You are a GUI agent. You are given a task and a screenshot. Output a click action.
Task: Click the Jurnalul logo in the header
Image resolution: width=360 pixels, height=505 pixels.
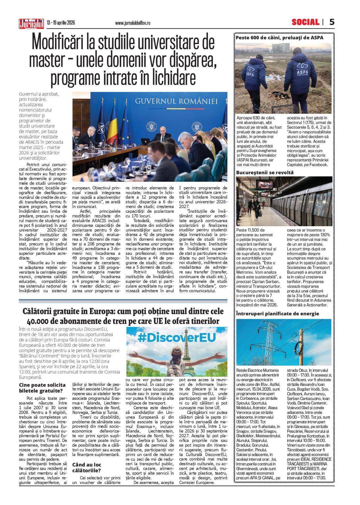(31, 23)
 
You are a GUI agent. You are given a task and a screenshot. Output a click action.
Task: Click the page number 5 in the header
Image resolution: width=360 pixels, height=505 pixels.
(332, 22)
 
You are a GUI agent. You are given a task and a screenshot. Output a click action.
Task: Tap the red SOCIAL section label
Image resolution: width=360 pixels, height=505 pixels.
(305, 22)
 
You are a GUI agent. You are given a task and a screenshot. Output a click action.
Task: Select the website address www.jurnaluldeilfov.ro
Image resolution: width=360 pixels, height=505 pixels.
(133, 23)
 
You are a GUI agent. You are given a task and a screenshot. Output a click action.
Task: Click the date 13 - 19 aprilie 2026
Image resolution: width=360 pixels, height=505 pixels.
(61, 23)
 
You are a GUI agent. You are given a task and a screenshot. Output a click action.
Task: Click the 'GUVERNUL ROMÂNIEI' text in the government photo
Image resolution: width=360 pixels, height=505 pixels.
(176, 101)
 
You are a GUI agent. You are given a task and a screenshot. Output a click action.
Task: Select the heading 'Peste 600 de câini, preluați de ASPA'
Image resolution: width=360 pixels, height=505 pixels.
(279, 38)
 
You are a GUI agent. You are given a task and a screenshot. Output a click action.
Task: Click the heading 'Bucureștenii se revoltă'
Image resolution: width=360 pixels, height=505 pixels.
(265, 172)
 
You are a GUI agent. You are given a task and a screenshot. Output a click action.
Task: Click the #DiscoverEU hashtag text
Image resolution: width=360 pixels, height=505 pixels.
(176, 337)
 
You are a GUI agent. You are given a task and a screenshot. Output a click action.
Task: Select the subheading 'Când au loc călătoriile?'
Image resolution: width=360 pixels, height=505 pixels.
(87, 467)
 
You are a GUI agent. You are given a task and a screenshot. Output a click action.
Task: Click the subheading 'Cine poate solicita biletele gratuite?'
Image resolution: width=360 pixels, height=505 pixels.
(42, 388)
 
